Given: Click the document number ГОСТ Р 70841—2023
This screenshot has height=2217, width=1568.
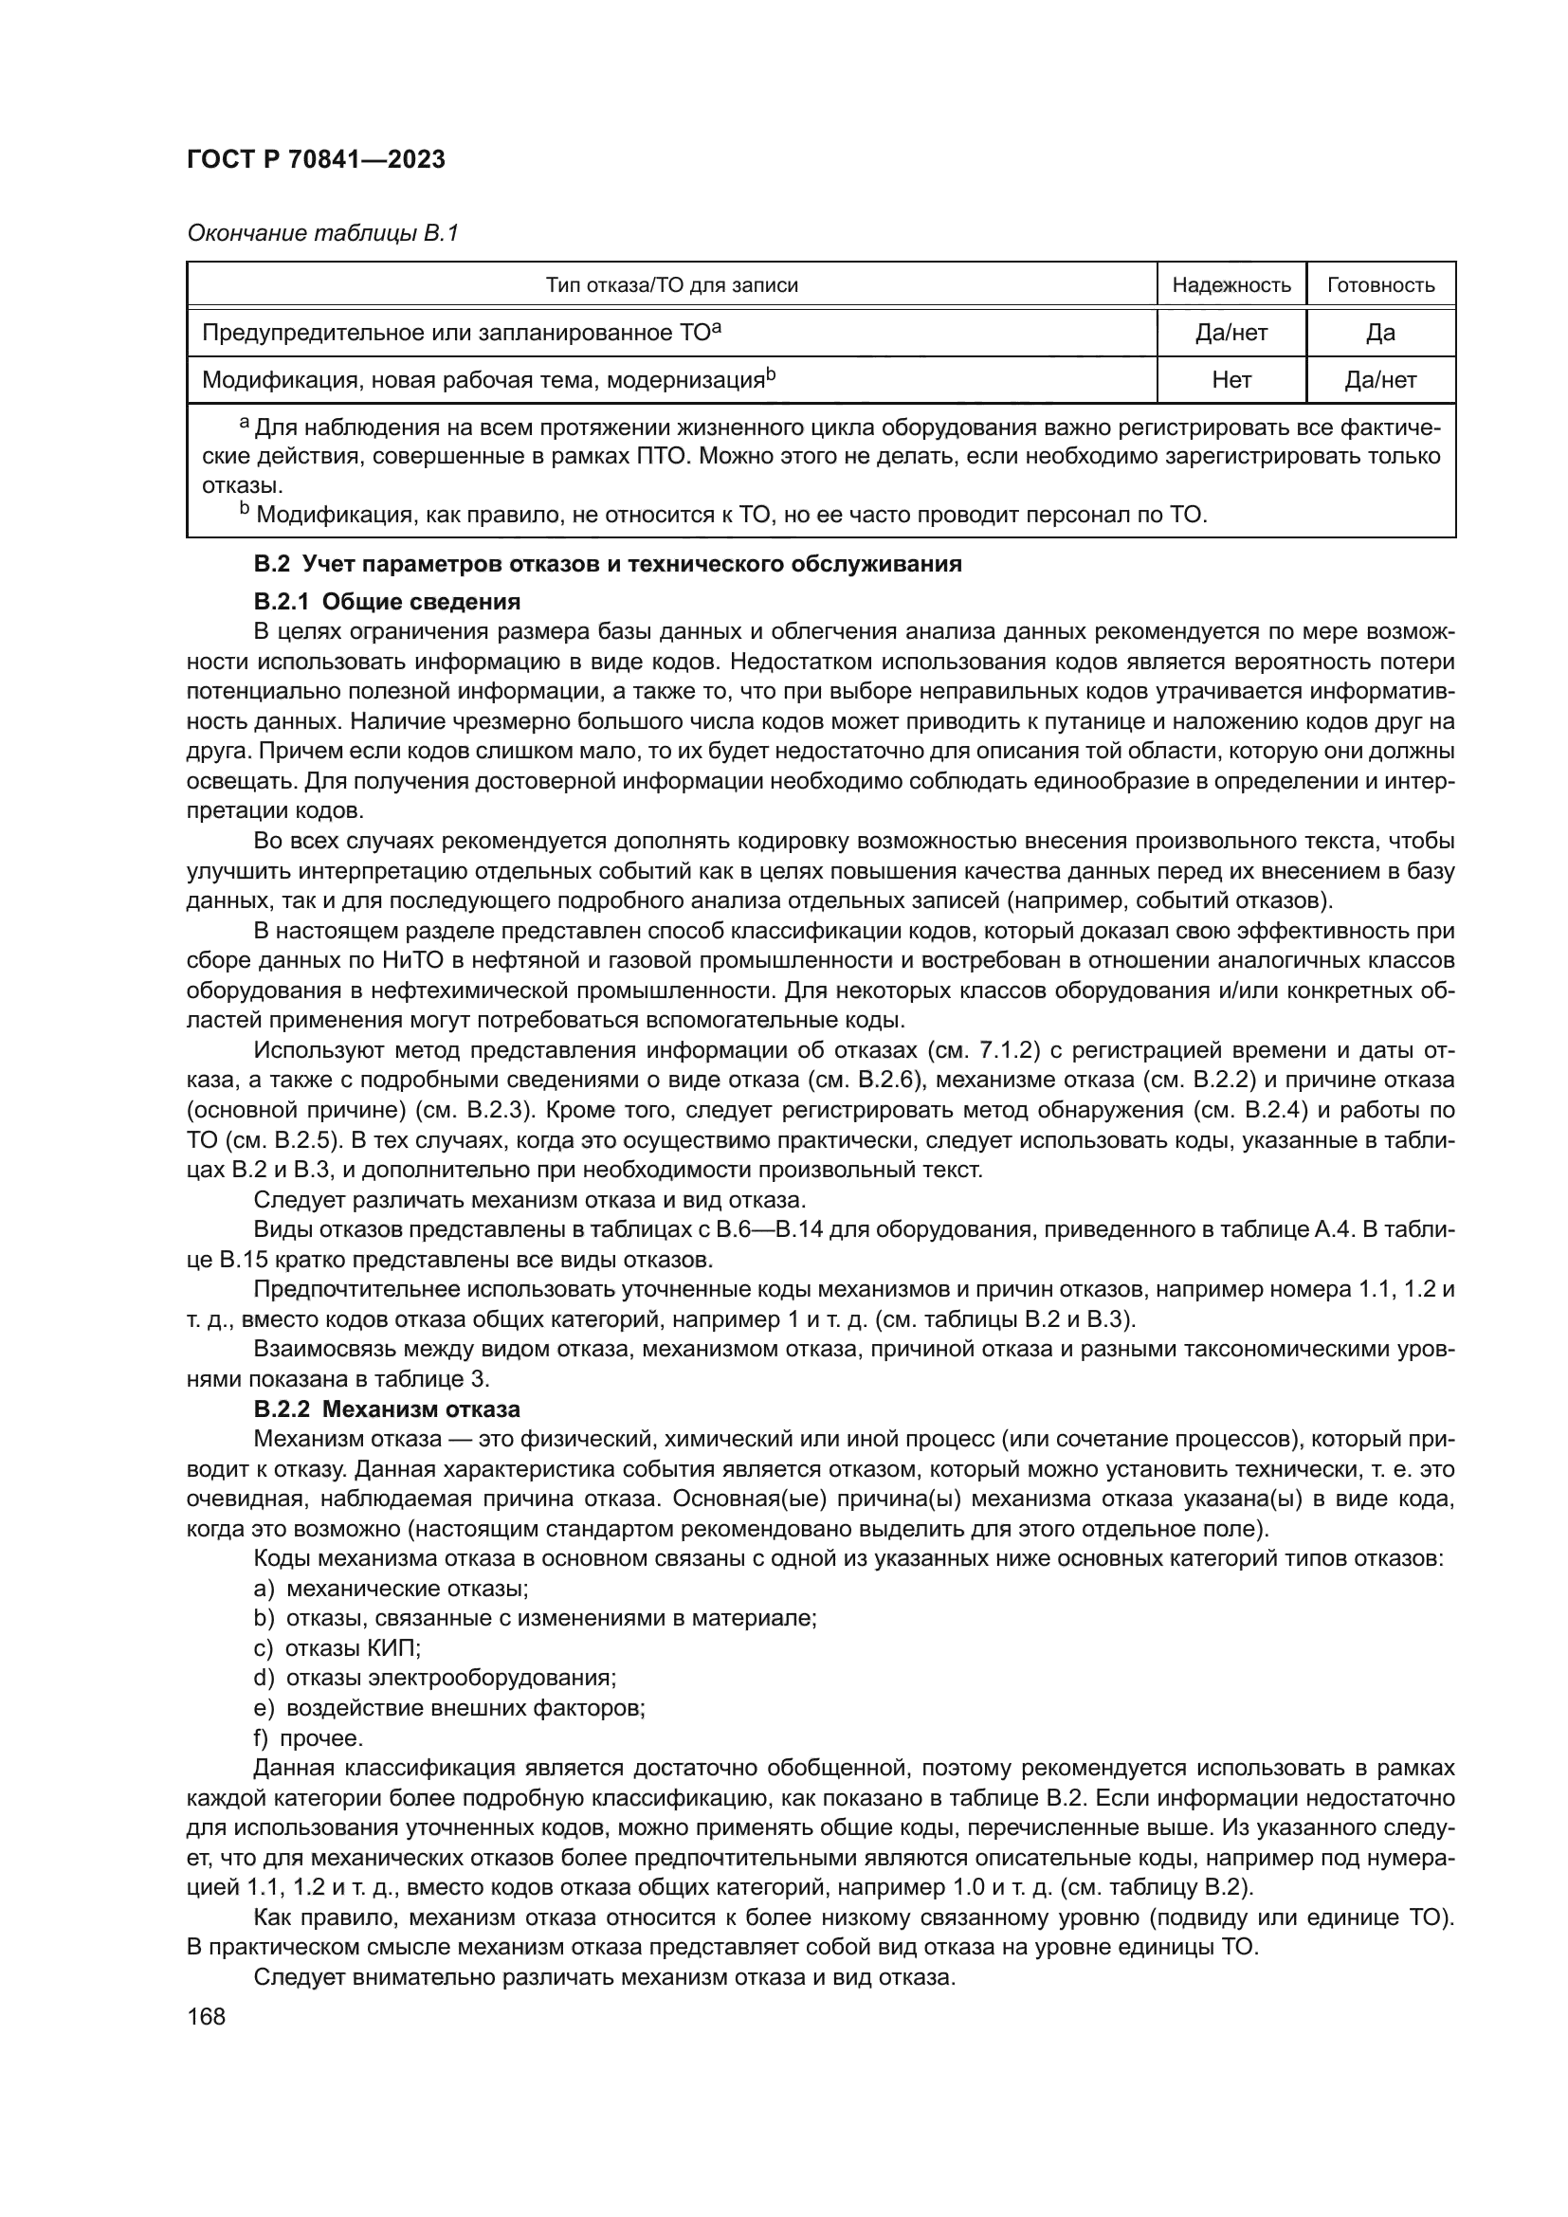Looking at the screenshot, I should coord(316,160).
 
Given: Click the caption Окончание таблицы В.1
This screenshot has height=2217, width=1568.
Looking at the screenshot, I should coord(322,233).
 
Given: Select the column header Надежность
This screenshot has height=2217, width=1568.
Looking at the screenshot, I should coord(1231,285).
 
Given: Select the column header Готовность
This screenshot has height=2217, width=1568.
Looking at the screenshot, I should coord(1380,285).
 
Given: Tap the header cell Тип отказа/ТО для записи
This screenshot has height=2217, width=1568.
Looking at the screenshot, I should coord(671,285).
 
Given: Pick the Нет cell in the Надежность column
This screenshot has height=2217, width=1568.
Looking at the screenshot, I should coord(1231,379).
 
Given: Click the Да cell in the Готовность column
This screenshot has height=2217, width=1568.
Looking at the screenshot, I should coord(1380,332).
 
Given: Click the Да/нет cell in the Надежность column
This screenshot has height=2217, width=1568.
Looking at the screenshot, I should coord(1231,332).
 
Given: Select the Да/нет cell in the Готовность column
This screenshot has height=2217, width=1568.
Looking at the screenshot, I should coord(1380,379).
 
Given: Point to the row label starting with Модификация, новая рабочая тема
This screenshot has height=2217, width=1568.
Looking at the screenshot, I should coord(487,379).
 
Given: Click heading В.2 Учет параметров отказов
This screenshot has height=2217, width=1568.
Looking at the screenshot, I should coord(608,564).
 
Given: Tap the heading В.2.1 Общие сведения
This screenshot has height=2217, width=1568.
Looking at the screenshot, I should coord(386,602).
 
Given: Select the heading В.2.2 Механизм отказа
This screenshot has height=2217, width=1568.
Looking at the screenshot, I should coord(386,1408).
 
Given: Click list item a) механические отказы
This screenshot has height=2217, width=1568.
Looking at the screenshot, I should coord(390,1589).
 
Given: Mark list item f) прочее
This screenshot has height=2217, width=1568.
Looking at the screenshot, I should coord(308,1738).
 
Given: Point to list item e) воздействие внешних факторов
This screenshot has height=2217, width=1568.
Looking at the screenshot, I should coord(449,1708).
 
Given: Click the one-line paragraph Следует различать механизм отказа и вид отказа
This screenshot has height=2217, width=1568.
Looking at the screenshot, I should coord(529,1200).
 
